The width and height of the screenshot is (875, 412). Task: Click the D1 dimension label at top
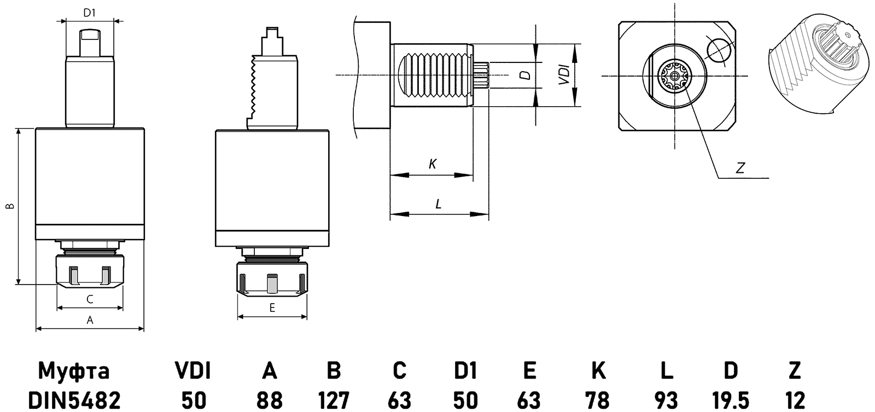[x=90, y=13]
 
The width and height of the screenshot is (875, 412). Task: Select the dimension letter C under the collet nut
[x=90, y=299]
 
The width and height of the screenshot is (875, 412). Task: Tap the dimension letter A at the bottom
[x=90, y=321]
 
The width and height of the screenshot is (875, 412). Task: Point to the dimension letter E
[x=272, y=308]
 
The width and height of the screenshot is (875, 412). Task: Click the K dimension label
[x=432, y=164]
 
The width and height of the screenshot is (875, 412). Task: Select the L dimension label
[x=438, y=205]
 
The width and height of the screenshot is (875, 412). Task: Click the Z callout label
[x=740, y=169]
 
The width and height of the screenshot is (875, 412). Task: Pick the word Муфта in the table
[x=73, y=371]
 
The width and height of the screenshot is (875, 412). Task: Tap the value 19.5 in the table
[x=730, y=401]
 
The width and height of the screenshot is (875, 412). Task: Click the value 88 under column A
[x=269, y=401]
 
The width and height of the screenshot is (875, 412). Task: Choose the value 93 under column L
[x=666, y=401]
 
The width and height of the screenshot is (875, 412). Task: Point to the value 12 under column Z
[x=795, y=401]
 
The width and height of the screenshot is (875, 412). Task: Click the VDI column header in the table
[x=192, y=371]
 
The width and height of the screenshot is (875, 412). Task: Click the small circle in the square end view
[x=718, y=50]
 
